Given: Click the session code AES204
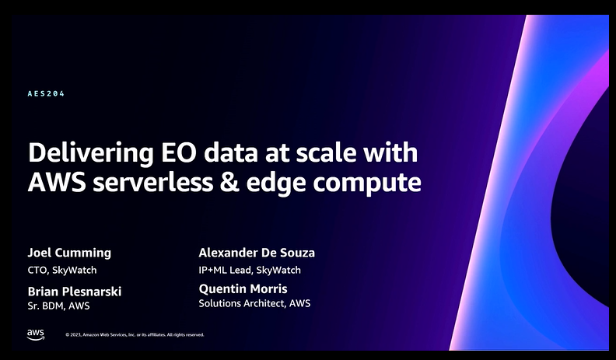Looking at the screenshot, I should point(46,93).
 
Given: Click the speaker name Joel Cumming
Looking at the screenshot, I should point(69,253).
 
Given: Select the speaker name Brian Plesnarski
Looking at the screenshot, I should point(74,292).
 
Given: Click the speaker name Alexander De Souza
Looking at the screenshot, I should point(257,253).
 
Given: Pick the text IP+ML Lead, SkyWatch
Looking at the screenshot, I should point(250,270).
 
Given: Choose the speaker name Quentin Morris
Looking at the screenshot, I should point(243,288).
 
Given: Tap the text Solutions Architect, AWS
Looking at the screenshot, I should point(254,303).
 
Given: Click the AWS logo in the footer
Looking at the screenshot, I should point(36,334).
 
